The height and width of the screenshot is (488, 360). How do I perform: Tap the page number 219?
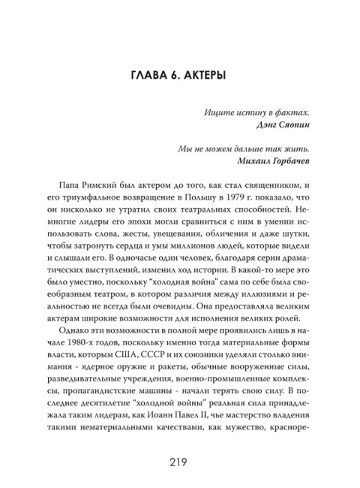tap(181, 459)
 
